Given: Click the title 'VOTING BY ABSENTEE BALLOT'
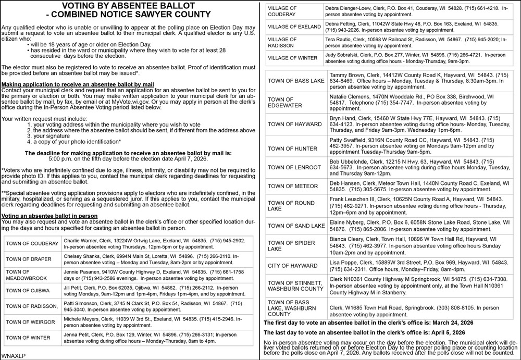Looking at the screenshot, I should coord(128,6).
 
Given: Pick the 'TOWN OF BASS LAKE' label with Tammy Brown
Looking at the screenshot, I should coord(295,81).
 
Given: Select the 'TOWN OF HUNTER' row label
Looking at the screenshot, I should coord(292,148).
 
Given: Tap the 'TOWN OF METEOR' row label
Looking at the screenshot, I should coord(293,187).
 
